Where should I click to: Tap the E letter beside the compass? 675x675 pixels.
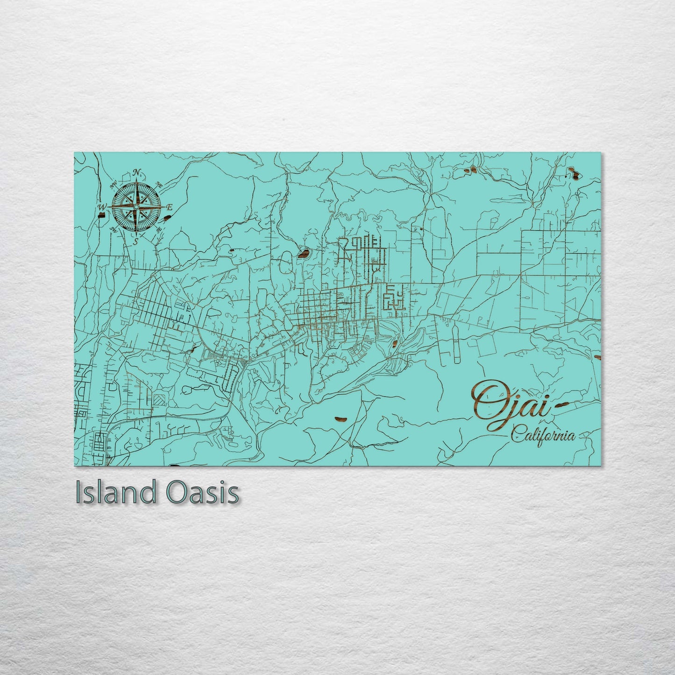pos(170,207)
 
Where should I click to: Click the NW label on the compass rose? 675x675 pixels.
pos(114,185)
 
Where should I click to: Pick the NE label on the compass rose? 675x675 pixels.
pos(159,185)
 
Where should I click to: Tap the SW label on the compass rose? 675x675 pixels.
pos(114,229)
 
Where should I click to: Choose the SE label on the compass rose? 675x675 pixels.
pos(159,229)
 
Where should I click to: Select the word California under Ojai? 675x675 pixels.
pos(542,436)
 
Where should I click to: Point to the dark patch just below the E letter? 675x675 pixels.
pos(168,217)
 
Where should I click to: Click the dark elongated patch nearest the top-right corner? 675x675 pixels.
pos(572,174)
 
